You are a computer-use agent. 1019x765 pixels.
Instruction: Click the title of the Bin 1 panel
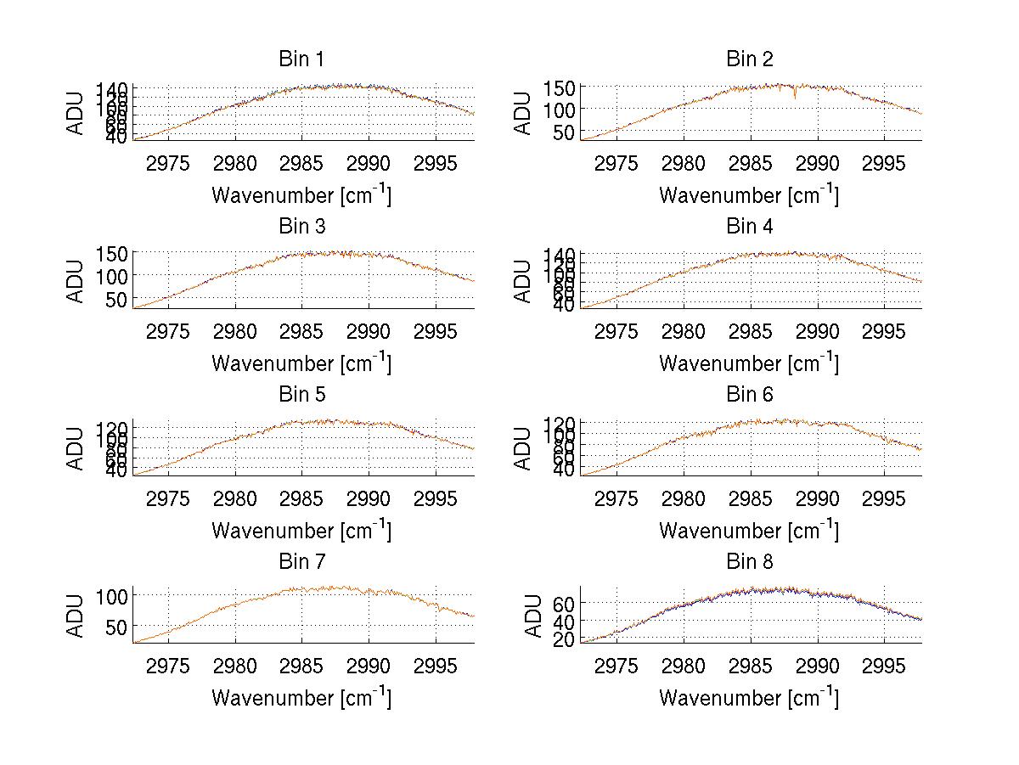coord(301,59)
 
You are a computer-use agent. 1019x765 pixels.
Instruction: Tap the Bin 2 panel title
coord(750,59)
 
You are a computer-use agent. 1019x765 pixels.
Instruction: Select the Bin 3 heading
coord(301,227)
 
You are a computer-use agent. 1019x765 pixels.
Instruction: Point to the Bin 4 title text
coord(750,227)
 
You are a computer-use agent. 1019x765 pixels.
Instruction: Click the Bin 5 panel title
coord(301,395)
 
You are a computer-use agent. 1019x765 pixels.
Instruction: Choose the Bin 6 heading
coord(750,395)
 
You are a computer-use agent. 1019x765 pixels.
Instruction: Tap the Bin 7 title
coord(301,562)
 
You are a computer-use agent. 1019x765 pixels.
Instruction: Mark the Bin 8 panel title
coord(750,562)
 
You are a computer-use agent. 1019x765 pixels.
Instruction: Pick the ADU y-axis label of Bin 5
coord(76,448)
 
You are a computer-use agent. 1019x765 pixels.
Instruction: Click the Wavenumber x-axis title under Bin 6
coord(748,531)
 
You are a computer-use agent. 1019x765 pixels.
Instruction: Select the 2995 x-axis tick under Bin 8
coord(884,666)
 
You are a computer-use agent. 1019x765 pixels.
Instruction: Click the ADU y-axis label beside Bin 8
coord(534,616)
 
